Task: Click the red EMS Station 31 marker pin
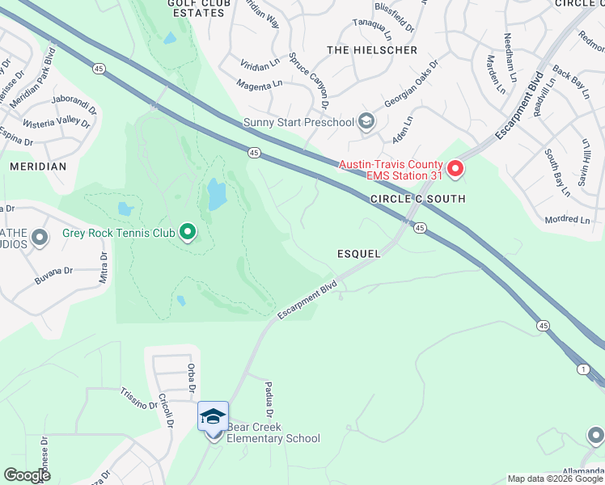point(455,168)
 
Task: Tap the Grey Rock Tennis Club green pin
point(188,233)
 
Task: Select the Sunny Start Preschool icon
point(366,122)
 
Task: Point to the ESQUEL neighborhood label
point(358,253)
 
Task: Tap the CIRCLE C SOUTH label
point(417,199)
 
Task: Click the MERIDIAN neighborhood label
point(38,166)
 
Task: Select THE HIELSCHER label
point(372,50)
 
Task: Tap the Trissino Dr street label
point(139,398)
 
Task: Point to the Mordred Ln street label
point(568,219)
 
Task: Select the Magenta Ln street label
point(259,83)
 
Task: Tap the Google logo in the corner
point(27,475)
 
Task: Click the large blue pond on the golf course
point(217,195)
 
